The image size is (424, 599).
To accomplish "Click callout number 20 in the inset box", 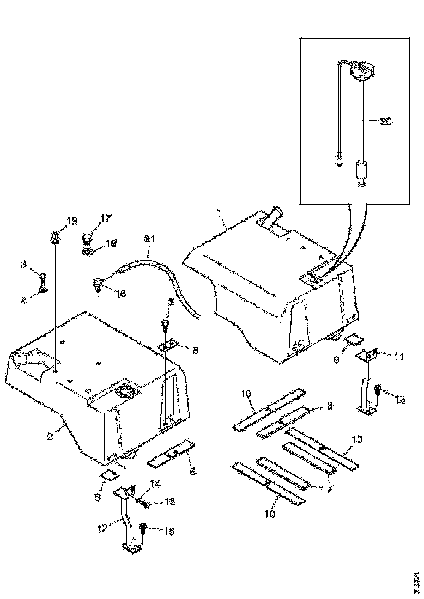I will point(385,122).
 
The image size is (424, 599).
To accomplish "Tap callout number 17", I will point(105,218).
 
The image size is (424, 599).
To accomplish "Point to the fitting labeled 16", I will point(99,283).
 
